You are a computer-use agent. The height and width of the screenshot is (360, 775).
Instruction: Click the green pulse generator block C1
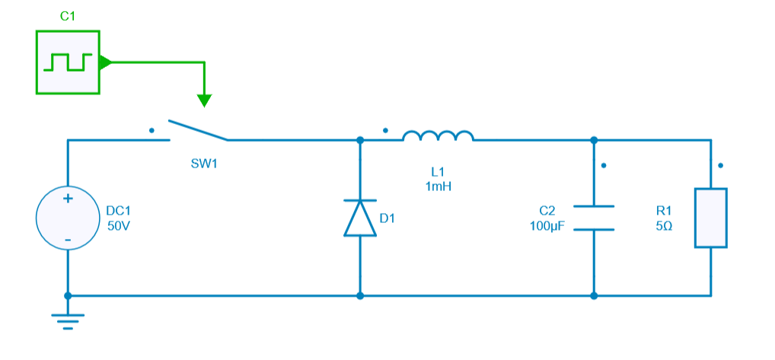67,62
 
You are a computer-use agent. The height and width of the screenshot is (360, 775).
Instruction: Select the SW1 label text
204,163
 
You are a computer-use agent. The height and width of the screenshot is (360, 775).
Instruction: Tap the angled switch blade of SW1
197,130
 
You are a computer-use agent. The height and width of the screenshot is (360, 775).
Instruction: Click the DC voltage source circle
68,218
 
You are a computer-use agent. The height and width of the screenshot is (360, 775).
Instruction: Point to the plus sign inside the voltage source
68,199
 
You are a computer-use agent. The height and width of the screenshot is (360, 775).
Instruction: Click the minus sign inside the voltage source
68,240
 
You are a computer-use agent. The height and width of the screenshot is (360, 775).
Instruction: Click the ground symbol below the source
68,320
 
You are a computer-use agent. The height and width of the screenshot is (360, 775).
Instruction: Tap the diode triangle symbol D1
360,218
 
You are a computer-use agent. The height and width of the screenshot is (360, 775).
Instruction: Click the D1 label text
387,218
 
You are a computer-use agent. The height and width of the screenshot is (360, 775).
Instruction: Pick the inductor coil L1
438,136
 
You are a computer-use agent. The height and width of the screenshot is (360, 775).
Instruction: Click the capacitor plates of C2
594,218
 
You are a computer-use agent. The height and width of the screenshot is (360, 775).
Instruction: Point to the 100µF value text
547,226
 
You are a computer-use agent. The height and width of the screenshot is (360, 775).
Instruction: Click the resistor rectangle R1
711,218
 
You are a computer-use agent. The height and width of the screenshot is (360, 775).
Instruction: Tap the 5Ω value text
664,226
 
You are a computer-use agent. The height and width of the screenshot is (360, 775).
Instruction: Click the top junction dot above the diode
360,140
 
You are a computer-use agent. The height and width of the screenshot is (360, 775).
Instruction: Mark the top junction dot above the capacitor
594,140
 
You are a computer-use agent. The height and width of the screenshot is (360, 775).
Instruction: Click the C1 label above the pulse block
67,16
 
